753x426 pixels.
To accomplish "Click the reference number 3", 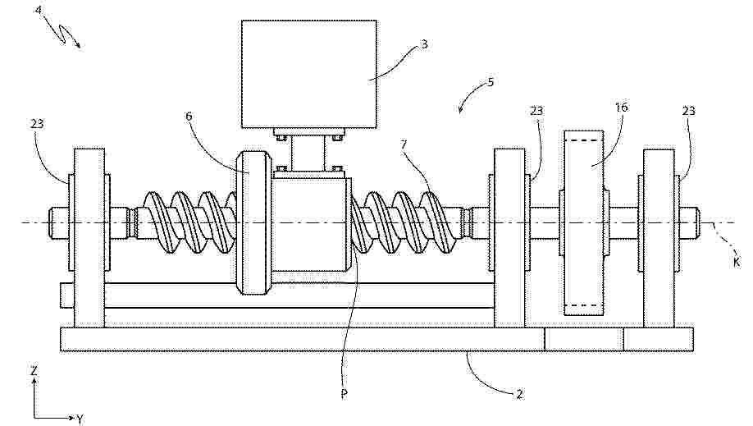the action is coord(424,44).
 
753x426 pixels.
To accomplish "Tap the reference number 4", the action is coord(39,9).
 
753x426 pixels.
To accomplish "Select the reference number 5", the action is coord(491,82).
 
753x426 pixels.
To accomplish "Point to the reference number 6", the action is coord(189,116).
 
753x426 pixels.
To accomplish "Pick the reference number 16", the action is coord(622,107).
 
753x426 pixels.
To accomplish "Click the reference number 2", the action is coord(518,394).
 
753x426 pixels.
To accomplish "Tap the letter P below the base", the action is coord(344,394).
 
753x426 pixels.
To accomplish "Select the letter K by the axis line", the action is coord(737,262).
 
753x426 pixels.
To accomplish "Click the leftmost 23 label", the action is coord(37,124).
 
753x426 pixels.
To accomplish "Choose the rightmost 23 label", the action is coord(689,111).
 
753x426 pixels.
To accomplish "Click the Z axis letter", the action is coord(34,371).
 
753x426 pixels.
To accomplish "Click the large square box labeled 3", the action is coord(308,74).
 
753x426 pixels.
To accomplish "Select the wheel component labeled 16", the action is coord(583,223).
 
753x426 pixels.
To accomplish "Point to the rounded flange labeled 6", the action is coord(254,223).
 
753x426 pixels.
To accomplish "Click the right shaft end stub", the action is coord(688,222).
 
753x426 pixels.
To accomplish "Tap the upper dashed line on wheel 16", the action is coord(583,140).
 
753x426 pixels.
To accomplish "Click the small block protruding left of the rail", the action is coord(66,295).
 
